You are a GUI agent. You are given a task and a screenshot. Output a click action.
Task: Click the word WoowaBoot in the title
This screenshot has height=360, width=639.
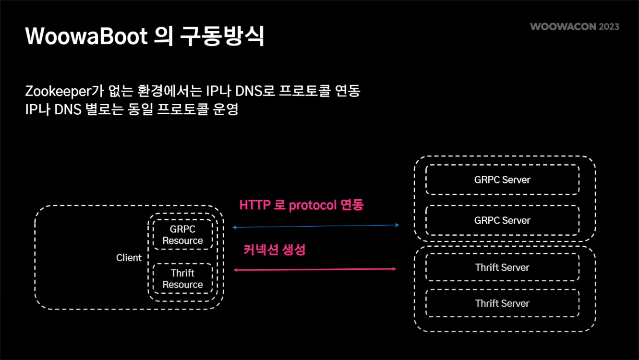86,36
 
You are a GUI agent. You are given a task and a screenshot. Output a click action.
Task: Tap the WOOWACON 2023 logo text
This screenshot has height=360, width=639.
574,26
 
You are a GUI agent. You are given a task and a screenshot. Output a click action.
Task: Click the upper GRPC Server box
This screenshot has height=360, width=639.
502,180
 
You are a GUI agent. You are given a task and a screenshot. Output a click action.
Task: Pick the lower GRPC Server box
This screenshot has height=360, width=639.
502,220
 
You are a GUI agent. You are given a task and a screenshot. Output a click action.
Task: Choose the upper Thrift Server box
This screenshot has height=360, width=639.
502,267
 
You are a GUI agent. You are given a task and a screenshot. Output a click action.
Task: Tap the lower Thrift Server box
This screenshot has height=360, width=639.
502,303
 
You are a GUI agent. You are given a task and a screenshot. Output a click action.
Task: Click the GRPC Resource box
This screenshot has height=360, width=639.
182,235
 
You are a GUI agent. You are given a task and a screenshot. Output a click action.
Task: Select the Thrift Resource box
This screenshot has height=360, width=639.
182,279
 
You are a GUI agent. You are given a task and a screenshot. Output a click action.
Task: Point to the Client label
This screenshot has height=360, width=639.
129,258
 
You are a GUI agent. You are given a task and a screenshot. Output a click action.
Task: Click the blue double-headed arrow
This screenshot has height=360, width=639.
315,226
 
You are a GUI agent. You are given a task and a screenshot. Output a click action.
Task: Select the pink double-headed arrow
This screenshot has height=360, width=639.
314,270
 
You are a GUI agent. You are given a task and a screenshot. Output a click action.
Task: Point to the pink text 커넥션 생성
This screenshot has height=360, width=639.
274,250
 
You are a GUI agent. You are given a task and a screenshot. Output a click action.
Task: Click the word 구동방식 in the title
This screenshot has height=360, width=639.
222,36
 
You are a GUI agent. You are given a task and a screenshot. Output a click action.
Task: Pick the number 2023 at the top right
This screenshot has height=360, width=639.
609,26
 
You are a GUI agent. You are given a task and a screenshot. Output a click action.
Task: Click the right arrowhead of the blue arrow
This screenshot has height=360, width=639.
397,225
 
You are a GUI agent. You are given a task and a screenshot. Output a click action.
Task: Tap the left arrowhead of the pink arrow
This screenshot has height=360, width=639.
235,270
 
